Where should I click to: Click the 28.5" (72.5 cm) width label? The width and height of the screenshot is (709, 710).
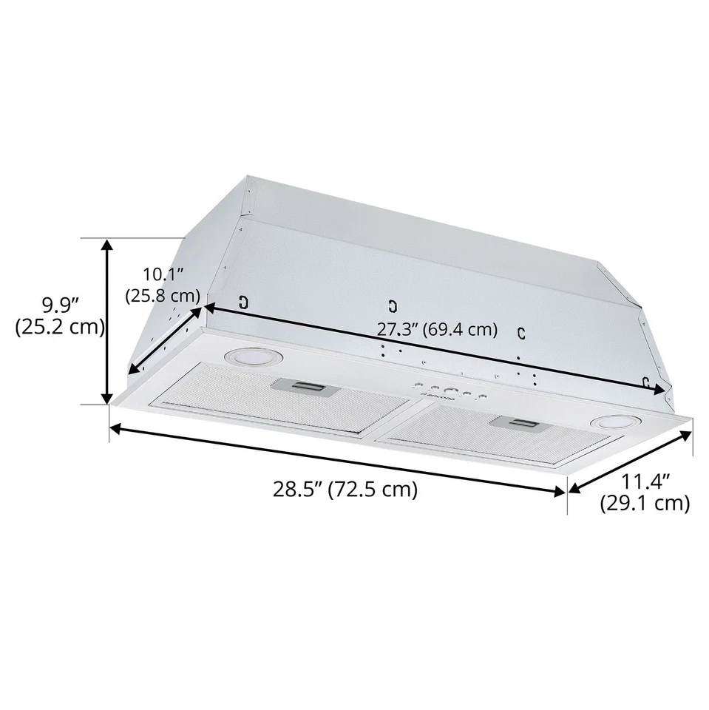point(345,490)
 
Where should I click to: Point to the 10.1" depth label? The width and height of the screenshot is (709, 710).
point(162,274)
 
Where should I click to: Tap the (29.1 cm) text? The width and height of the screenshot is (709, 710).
point(644,504)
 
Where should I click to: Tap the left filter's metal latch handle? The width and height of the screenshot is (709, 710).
point(302,385)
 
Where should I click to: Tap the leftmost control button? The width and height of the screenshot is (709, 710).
point(419,385)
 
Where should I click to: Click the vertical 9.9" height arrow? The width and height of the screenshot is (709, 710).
point(109,322)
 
